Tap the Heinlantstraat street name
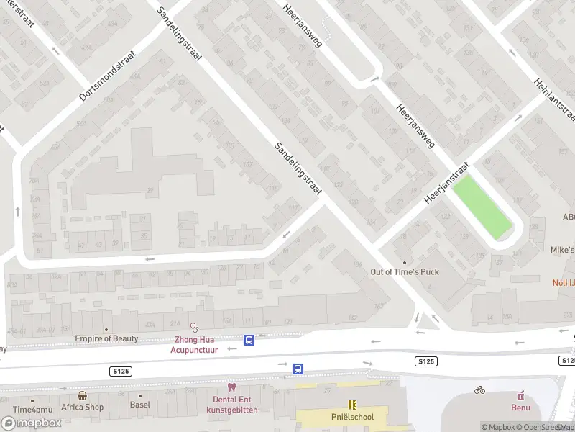(x=554, y=99)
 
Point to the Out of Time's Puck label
(x=404, y=271)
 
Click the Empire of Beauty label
(x=106, y=338)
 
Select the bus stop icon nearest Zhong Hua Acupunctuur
(x=249, y=341)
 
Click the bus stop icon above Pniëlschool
(x=298, y=369)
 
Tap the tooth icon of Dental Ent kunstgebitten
(x=231, y=387)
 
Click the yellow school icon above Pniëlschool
(x=352, y=405)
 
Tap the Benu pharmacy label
(x=520, y=408)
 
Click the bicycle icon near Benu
(x=480, y=390)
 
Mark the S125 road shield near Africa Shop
(x=120, y=370)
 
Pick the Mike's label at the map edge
(x=562, y=250)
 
